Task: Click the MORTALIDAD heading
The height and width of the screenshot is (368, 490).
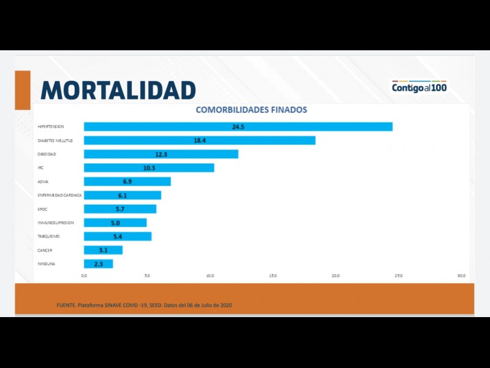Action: click(x=118, y=90)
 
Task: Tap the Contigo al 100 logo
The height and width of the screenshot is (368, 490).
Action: click(x=420, y=87)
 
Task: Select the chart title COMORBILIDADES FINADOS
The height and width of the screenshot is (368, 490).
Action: click(x=251, y=110)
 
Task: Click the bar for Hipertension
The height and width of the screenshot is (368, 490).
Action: click(x=238, y=127)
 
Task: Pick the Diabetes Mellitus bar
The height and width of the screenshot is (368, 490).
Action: click(x=199, y=140)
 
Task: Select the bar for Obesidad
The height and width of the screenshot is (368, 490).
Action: click(x=160, y=154)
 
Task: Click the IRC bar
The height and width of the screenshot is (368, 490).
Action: click(x=149, y=167)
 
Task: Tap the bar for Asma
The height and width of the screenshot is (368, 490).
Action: click(x=127, y=182)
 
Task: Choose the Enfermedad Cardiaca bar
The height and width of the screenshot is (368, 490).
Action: click(x=122, y=195)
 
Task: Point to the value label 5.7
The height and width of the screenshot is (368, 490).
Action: click(x=121, y=209)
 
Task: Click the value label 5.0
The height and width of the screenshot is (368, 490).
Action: click(x=115, y=223)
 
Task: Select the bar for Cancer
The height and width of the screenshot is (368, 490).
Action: click(x=103, y=250)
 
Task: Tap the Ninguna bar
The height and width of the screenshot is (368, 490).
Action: click(x=98, y=264)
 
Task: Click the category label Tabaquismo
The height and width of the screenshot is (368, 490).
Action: click(x=48, y=237)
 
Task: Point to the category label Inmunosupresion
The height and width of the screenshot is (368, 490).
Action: click(x=56, y=223)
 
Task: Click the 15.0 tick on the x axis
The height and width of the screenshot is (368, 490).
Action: click(x=273, y=276)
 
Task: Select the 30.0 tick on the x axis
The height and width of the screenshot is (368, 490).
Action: click(x=461, y=276)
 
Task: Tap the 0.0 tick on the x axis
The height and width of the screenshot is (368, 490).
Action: click(x=85, y=276)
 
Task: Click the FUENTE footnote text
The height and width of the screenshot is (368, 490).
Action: click(x=144, y=305)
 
